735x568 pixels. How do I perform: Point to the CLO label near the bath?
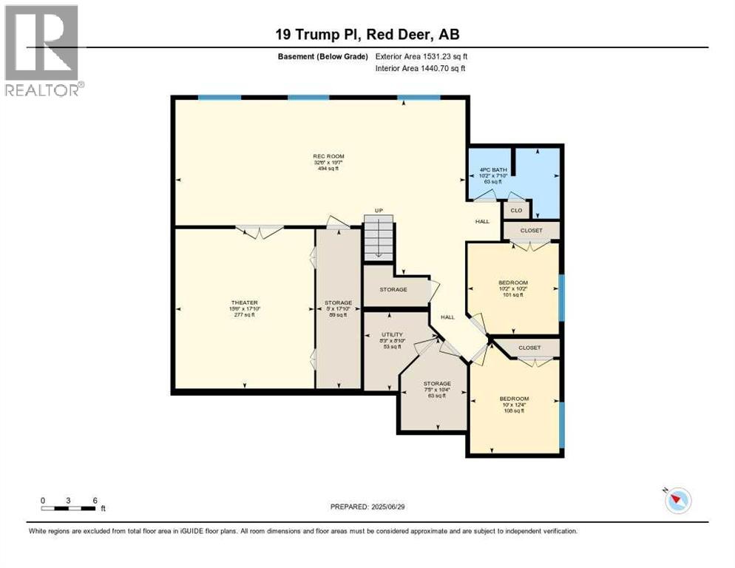pos(516,211)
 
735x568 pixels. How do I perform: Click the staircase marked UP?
pos(378,237)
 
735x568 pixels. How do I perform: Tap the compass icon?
pos(677,500)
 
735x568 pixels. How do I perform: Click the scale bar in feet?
pos(70,507)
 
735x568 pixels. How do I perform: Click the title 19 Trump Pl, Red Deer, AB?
pos(367,35)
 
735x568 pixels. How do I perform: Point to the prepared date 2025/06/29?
pos(367,507)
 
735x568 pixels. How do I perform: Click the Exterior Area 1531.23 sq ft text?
pos(421,55)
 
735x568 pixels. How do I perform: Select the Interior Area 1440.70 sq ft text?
pos(421,68)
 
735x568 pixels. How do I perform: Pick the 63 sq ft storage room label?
pos(436,390)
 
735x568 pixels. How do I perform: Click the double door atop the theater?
pos(259,231)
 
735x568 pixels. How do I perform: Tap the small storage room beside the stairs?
pos(393,289)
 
